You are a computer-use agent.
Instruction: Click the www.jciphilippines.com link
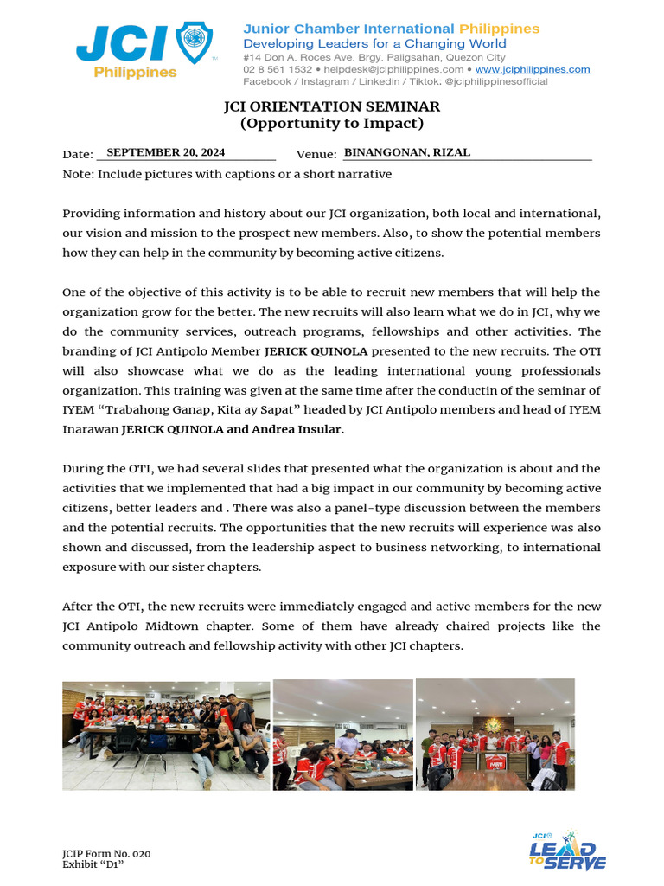tap(533, 69)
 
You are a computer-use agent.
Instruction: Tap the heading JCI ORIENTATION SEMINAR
tap(332, 106)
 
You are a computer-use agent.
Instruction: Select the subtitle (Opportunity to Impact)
tap(332, 123)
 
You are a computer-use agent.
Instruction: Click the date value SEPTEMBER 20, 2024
tap(165, 152)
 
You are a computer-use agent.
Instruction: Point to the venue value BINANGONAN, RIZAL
tap(407, 152)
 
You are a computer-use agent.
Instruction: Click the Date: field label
tap(78, 154)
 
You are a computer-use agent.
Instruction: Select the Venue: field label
tap(316, 154)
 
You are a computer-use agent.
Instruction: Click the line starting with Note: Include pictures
tap(227, 174)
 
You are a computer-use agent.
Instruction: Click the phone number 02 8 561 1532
tap(278, 69)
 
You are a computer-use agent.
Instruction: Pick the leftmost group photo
tap(166, 735)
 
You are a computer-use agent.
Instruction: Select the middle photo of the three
tap(342, 735)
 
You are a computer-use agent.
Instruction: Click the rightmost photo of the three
tap(495, 735)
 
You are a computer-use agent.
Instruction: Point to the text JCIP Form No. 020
tap(106, 854)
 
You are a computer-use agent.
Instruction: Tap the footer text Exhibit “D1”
tap(87, 864)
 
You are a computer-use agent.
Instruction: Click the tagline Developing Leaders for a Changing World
tap(374, 43)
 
